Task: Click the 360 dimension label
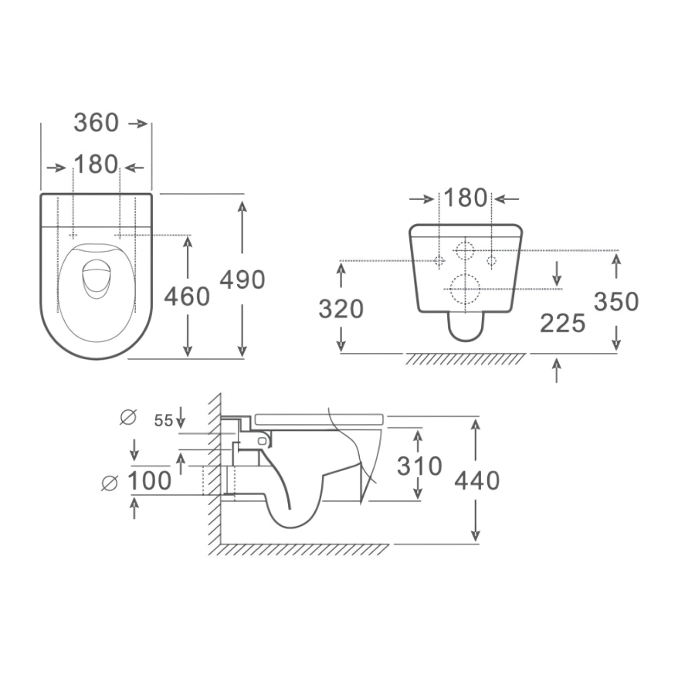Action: (97, 123)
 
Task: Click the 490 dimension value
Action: (242, 280)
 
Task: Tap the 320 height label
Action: (341, 309)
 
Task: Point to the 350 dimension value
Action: (616, 301)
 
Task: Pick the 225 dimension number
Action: (563, 323)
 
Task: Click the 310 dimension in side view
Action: (419, 466)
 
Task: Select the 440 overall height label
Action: (477, 480)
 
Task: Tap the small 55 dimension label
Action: (163, 420)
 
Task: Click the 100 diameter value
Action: (149, 480)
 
